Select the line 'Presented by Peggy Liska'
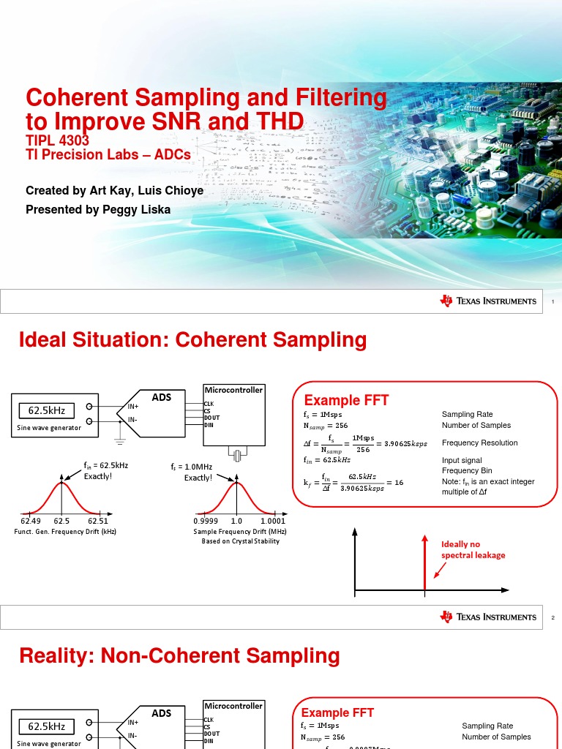99,210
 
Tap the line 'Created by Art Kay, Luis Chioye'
115,191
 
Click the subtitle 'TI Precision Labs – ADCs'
108,154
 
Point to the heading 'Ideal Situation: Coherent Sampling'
192,339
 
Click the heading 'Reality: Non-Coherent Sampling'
179,656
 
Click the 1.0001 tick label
272,521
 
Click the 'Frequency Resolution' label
479,443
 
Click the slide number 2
553,618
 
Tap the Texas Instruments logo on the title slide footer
488,301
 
